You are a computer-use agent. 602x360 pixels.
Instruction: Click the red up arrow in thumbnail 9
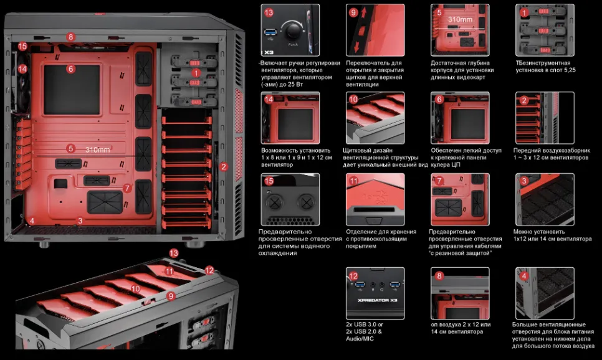pyautogui.click(x=364, y=14)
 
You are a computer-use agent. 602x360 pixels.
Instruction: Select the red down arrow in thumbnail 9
pyautogui.click(x=356, y=45)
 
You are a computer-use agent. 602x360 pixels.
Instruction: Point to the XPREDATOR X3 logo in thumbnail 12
pyautogui.click(x=372, y=300)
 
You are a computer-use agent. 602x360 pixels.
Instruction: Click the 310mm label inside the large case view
pyautogui.click(x=97, y=149)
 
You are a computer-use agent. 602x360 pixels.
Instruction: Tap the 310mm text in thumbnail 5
pyautogui.click(x=460, y=19)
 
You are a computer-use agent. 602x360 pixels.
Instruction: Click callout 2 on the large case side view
pyautogui.click(x=224, y=166)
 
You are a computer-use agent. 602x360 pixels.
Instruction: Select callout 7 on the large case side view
pyautogui.click(x=127, y=188)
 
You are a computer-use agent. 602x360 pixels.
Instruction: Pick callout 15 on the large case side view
pyautogui.click(x=22, y=46)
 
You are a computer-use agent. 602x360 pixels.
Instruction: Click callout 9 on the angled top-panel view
pyautogui.click(x=171, y=296)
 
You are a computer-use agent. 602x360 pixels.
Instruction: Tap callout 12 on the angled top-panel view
pyautogui.click(x=209, y=270)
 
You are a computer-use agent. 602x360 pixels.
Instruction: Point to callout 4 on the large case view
pyautogui.click(x=32, y=220)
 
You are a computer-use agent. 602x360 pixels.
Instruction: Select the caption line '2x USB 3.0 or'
pyautogui.click(x=365, y=324)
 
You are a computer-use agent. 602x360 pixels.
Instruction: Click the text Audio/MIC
pyautogui.click(x=360, y=338)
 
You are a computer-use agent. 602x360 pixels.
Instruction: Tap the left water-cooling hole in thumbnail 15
pyautogui.click(x=275, y=202)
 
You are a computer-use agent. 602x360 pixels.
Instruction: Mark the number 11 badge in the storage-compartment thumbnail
pyautogui.click(x=353, y=181)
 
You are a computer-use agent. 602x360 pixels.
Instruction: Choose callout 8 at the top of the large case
pyautogui.click(x=70, y=37)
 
